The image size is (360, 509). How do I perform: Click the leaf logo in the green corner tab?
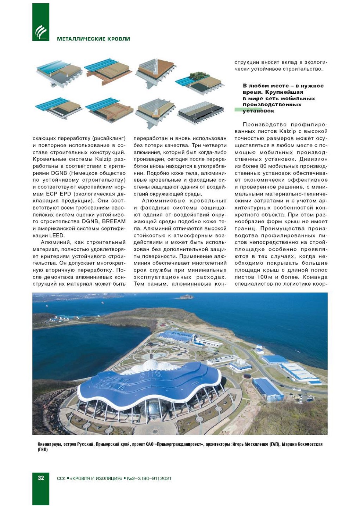(x=40, y=31)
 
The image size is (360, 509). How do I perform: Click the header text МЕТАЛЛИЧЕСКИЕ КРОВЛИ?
(x=93, y=39)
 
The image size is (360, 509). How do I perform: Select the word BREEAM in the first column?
(x=114, y=222)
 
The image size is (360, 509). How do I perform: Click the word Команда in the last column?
(x=312, y=277)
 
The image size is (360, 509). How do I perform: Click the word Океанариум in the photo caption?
(x=50, y=444)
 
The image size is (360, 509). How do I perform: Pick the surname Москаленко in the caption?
(x=255, y=444)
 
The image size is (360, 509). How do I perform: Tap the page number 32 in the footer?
(x=41, y=478)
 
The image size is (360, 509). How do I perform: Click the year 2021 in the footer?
(x=166, y=478)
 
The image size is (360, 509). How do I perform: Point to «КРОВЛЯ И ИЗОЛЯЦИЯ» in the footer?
(x=96, y=478)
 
